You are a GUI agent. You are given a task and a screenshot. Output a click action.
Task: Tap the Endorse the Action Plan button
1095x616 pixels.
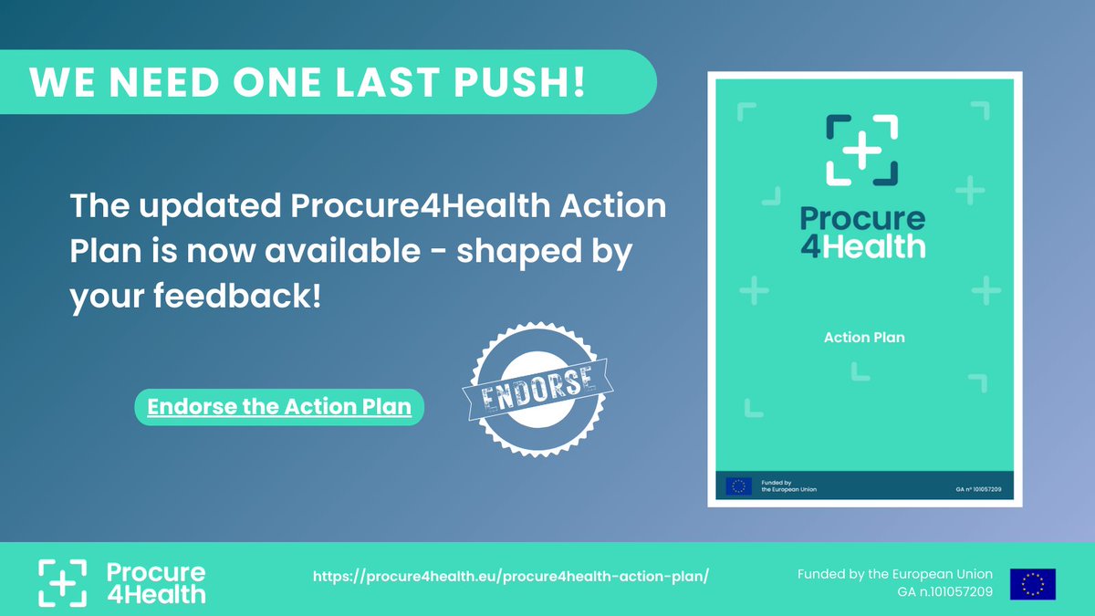[279, 407]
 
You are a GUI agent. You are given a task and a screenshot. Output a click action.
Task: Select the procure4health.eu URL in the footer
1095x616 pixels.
[511, 577]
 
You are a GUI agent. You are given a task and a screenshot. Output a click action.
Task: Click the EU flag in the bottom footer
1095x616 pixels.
[1032, 584]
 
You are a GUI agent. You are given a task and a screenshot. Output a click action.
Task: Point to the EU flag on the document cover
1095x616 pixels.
[738, 485]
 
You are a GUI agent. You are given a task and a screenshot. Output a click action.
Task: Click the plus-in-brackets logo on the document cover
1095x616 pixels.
[862, 149]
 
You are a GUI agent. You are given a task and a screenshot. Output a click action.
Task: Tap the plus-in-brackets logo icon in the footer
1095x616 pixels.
[62, 582]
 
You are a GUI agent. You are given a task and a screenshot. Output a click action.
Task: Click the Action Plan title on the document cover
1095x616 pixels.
[864, 338]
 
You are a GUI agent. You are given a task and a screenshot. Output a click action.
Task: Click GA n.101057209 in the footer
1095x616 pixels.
[944, 593]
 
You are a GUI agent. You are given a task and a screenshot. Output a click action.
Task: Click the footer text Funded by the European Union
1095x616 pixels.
[894, 574]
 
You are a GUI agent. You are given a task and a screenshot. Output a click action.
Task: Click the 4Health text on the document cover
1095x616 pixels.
[862, 245]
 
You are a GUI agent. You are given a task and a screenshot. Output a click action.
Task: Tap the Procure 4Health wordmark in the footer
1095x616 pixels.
[156, 583]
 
